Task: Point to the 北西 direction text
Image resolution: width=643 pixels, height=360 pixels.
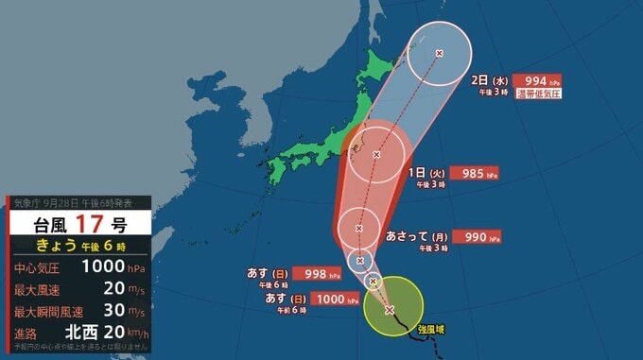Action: [x=81, y=333]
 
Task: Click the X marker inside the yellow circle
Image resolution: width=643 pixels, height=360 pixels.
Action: [x=390, y=309]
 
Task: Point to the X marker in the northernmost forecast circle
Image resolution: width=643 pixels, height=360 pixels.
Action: [x=438, y=53]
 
